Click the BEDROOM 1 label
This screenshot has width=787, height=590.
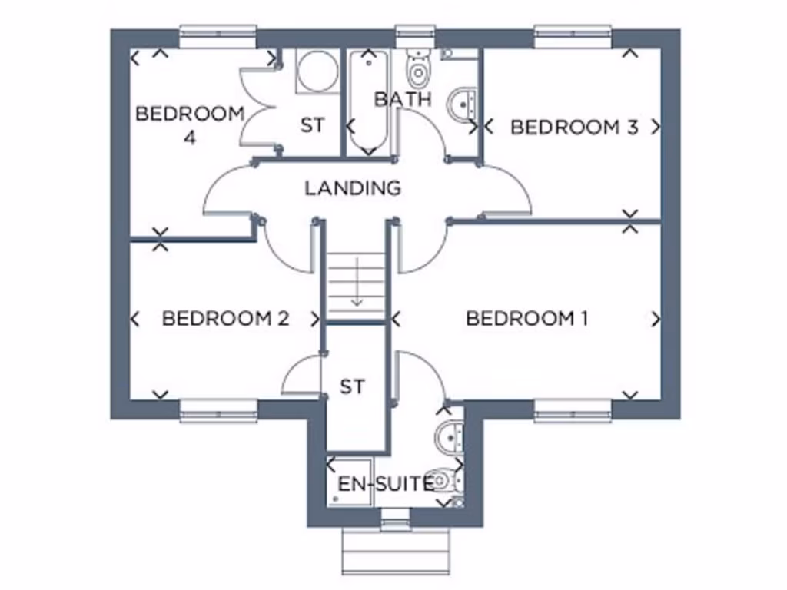(526, 318)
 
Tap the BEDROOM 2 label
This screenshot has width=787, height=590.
(225, 318)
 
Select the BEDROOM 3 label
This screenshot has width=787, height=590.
(574, 127)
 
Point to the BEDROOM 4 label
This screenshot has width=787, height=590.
(189, 125)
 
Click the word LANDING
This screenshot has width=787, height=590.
(353, 187)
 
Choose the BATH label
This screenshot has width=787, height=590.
(403, 98)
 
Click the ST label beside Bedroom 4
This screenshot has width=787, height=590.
(313, 125)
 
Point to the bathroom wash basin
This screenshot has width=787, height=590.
(464, 103)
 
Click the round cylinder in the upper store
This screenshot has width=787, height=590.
(314, 71)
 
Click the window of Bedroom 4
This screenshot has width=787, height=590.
(218, 33)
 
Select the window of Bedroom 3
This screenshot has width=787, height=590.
(573, 33)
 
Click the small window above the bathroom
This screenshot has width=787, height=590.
(416, 33)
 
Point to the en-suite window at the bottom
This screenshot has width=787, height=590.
(395, 524)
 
